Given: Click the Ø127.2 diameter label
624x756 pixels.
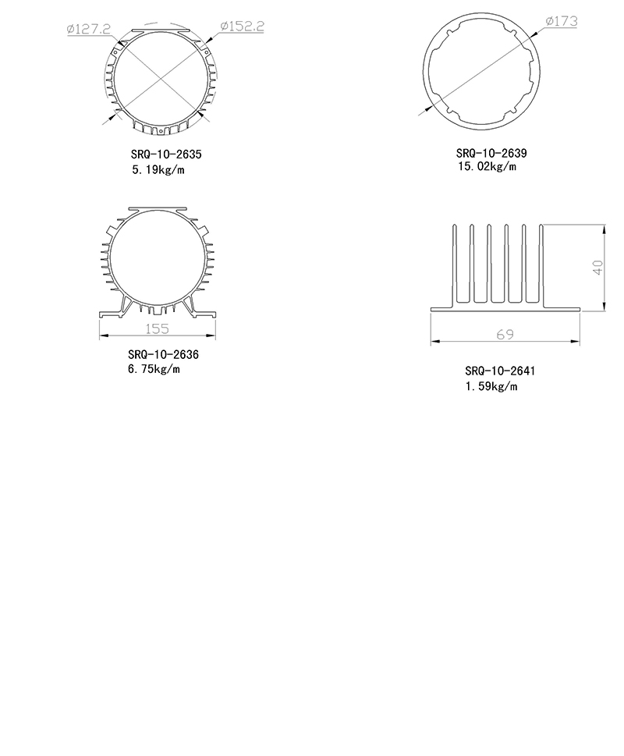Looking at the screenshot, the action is (x=89, y=29).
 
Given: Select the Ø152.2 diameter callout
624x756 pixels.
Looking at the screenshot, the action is (x=242, y=26).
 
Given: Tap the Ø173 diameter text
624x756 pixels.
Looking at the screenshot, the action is (x=562, y=21).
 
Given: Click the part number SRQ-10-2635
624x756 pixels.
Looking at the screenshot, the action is (x=166, y=154).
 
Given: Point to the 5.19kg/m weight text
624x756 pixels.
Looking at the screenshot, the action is (x=158, y=170).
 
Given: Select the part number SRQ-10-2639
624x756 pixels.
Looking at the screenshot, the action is (x=491, y=153).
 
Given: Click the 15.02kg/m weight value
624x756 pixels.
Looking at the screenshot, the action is (x=487, y=166).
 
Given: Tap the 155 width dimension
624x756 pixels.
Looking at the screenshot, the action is (x=157, y=328).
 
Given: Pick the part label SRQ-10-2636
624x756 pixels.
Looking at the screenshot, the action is (x=163, y=354).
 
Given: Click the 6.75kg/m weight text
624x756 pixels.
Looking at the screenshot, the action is (x=154, y=369).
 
